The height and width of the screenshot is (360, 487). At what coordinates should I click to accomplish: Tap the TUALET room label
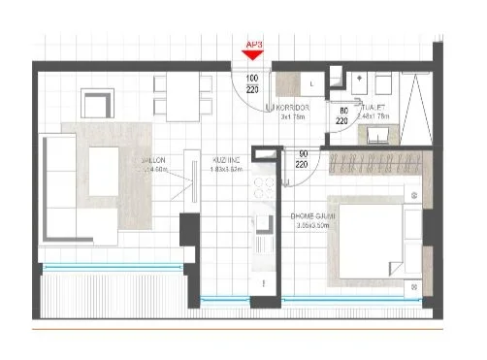pyautogui.click(x=373, y=111)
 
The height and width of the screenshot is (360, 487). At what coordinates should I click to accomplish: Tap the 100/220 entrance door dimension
pyautogui.click(x=252, y=83)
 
